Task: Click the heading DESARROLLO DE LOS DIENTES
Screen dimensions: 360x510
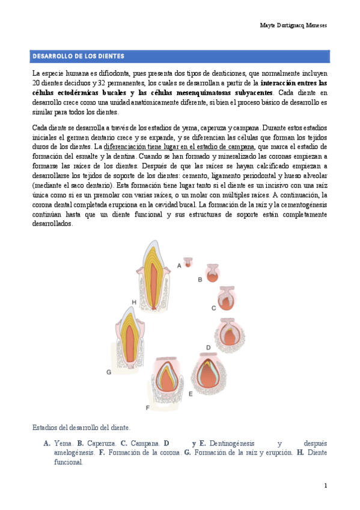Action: tap(78, 57)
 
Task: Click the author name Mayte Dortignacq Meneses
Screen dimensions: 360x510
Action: tap(293, 26)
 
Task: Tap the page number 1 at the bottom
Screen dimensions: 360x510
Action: tap(325, 485)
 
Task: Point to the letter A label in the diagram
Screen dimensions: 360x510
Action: tap(179, 265)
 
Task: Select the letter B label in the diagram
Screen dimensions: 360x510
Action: tap(200, 279)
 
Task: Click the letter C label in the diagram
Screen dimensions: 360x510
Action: tap(213, 308)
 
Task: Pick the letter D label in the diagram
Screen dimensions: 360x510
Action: tap(208, 347)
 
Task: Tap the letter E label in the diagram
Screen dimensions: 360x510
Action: tap(190, 393)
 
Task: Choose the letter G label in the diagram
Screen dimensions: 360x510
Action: tap(109, 372)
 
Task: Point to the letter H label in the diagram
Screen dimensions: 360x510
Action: tap(134, 301)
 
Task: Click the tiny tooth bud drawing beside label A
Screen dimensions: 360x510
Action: tap(189, 263)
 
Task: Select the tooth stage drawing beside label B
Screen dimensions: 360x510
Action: tap(213, 273)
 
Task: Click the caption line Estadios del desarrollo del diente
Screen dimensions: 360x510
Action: tap(81, 428)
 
